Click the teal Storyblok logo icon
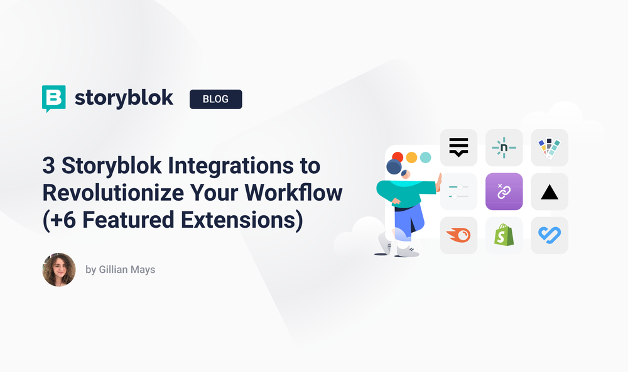53,98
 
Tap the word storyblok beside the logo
124,98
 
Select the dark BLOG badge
215,99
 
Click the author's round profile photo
59,270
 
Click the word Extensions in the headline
232,220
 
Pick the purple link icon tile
504,191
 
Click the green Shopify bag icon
504,235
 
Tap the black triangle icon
549,192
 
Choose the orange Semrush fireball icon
459,236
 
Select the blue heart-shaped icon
549,235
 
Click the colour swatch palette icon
549,148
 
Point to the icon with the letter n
504,148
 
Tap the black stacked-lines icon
459,147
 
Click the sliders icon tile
459,191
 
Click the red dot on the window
398,157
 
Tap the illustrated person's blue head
394,167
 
